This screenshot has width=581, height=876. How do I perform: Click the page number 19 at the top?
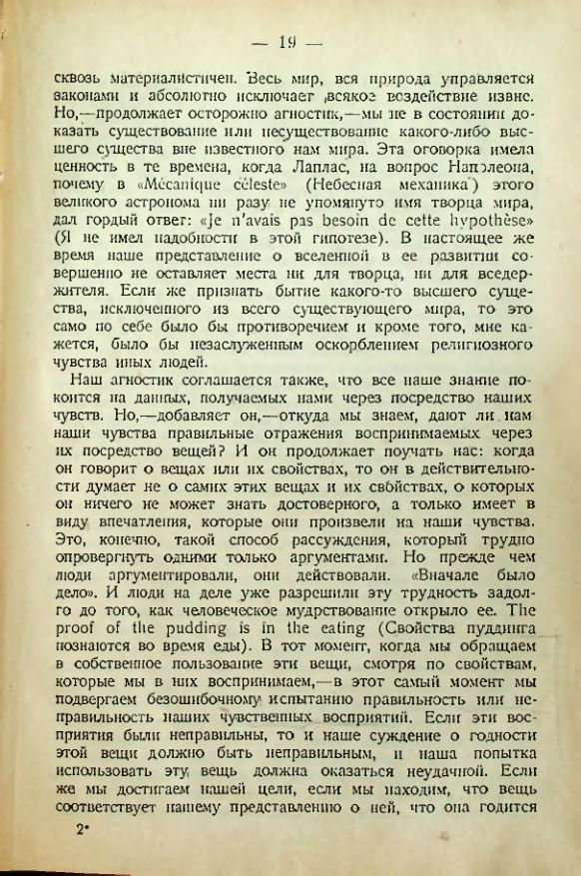290,41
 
